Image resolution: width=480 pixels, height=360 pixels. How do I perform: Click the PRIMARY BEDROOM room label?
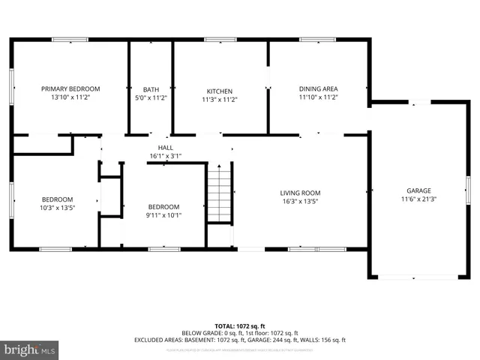(70, 88)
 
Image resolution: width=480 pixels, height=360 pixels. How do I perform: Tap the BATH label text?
(151, 88)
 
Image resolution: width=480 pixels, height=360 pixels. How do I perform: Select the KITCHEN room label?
(220, 91)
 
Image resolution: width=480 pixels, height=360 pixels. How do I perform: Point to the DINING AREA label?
(319, 88)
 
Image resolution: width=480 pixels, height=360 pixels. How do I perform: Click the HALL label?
(166, 148)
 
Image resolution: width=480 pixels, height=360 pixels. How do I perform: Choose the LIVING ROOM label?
(300, 193)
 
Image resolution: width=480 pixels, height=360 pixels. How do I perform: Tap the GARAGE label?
(419, 190)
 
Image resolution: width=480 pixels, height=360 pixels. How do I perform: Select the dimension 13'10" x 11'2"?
(70, 97)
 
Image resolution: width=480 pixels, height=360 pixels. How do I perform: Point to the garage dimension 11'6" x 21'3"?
(419, 199)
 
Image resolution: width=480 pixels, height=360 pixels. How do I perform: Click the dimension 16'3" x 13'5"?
(300, 201)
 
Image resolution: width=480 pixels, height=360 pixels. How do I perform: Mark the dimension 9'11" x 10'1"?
(163, 215)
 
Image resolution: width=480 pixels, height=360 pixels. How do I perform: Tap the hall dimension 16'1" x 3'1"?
(166, 156)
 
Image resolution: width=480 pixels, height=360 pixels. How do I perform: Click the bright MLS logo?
(30, 349)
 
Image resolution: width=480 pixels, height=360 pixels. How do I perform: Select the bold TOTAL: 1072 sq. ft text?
(240, 326)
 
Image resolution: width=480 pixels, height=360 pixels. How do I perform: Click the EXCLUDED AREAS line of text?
(240, 340)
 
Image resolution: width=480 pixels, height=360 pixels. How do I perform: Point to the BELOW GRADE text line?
(240, 333)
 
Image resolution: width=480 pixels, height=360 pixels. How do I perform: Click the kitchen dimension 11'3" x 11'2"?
(220, 99)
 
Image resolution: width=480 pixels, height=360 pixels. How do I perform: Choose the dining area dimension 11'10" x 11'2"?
(319, 97)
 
